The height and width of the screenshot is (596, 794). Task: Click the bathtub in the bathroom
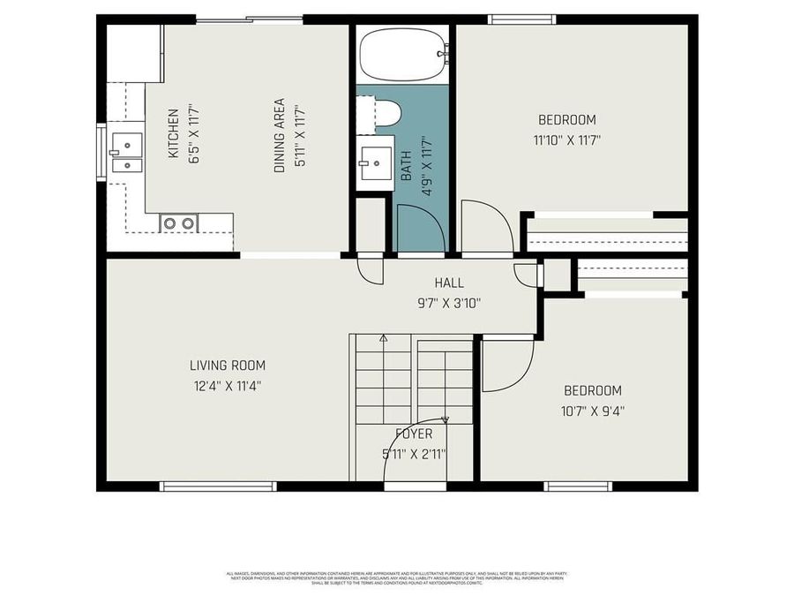point(401,53)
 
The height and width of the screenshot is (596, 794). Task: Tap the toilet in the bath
point(385,112)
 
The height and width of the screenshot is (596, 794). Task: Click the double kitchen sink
point(126,152)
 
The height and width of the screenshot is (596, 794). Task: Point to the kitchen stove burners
point(177,223)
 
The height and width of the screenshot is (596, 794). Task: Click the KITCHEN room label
point(174,133)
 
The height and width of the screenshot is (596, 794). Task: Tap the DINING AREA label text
point(280,134)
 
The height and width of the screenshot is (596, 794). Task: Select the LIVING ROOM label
point(227,366)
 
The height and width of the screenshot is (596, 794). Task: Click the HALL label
point(448,283)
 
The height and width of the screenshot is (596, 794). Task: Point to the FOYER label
point(413,434)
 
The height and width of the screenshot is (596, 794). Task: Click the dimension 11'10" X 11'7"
point(566,140)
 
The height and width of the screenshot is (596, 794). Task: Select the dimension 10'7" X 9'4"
point(593,410)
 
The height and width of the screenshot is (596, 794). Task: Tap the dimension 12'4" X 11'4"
point(227,386)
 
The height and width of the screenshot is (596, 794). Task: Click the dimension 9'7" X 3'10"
point(448,303)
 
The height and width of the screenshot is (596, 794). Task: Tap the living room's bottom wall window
point(218,486)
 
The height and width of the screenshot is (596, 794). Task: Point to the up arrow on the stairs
point(383,338)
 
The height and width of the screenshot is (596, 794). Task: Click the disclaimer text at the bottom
point(396,577)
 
